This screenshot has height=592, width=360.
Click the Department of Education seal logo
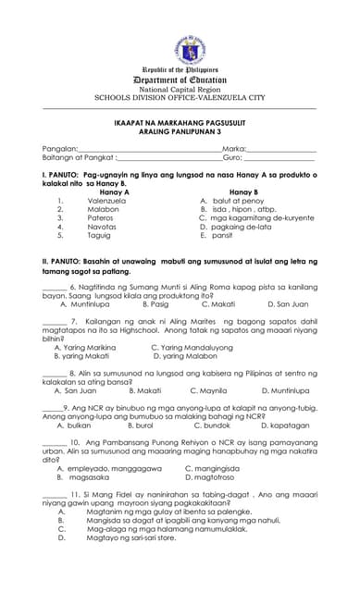[180, 48]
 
